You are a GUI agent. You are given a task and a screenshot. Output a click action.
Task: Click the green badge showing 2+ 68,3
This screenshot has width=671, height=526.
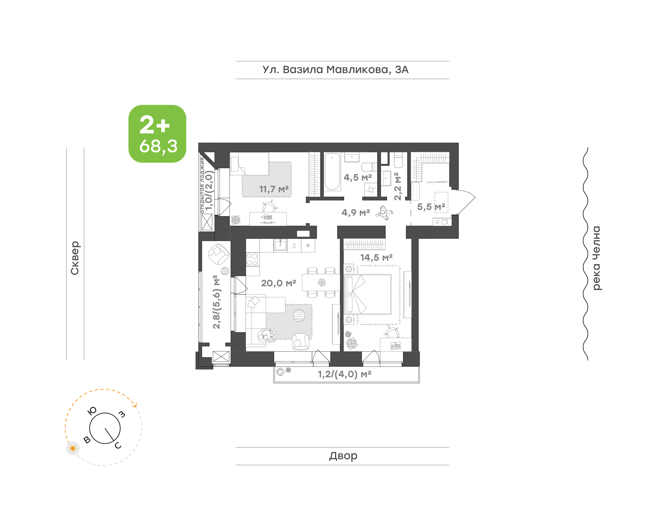pos(157,134)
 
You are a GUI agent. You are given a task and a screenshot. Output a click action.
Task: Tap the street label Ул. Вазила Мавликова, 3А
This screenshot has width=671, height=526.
pos(335,70)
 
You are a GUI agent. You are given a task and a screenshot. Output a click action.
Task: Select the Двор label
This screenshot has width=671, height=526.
pos(343,456)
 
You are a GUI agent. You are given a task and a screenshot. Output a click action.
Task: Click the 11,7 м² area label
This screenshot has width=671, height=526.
pos(274,189)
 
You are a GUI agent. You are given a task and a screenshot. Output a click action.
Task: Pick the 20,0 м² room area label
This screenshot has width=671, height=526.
pos(278,283)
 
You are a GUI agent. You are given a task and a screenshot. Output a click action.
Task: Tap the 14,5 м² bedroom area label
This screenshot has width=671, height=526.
pos(376,257)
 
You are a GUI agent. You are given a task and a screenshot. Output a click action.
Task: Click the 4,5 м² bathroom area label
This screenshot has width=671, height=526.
pos(358,177)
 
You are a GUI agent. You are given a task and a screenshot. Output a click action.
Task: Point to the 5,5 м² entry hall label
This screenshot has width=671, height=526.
pos(431,207)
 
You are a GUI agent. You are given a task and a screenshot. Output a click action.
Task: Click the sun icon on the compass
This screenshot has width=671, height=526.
pos(73,448)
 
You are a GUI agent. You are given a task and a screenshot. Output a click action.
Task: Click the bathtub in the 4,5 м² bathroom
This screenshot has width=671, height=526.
pos(332,171)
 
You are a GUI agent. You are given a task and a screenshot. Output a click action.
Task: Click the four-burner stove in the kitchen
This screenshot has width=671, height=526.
pos(252,259)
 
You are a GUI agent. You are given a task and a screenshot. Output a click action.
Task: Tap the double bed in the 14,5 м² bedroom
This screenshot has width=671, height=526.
pos(368,294)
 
